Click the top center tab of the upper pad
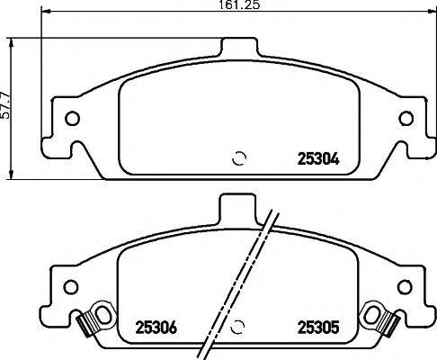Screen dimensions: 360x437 238,49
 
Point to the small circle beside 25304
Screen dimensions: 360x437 238,158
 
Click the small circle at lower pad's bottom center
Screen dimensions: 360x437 238,328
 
